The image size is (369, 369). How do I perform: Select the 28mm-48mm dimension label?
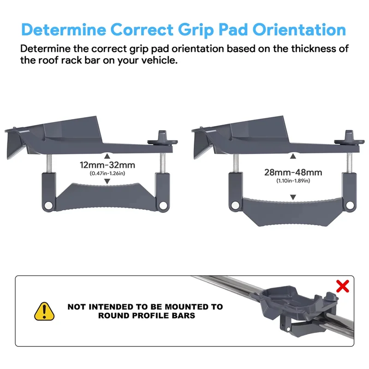point(293,173)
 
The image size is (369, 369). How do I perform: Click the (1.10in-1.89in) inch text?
point(293,181)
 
